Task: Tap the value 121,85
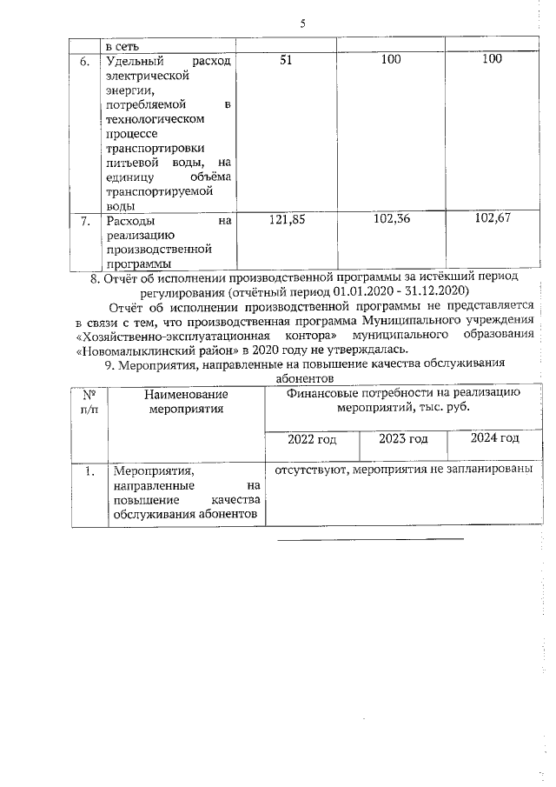point(287,221)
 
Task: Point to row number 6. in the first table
point(85,61)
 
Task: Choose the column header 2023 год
point(403,438)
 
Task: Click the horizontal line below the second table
point(370,539)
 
